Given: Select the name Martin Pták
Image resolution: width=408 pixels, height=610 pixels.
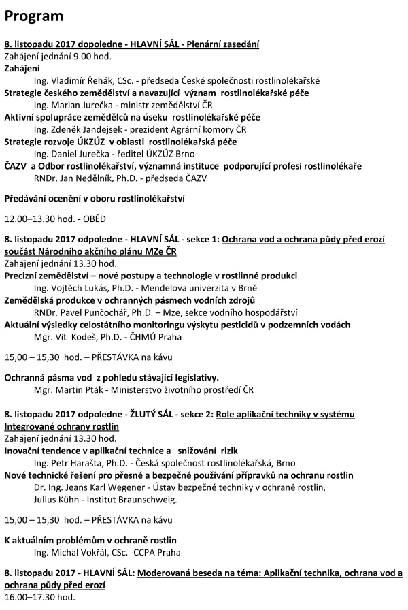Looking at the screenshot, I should (75, 391).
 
